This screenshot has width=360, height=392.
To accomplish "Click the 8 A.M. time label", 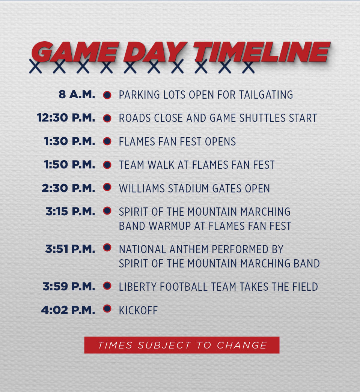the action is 77,95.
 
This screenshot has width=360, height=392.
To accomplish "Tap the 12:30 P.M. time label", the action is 66,118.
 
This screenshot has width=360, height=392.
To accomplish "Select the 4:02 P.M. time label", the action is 68,310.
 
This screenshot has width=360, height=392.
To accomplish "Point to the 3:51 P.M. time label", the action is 70,249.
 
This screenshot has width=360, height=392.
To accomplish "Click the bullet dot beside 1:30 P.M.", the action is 107,141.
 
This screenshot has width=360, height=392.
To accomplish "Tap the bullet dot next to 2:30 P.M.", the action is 107,187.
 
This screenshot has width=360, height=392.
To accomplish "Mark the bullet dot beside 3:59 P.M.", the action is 107,285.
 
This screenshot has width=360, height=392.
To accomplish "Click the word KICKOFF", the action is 139,311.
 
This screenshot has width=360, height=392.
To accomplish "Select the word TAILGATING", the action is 266,95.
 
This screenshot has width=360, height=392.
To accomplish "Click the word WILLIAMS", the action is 142,189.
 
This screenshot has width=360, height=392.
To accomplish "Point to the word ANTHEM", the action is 189,249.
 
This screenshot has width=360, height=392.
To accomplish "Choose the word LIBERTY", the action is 138,287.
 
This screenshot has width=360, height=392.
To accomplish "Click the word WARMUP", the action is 170,226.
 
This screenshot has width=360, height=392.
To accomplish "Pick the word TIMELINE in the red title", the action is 262,52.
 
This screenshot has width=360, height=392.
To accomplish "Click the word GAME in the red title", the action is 75,52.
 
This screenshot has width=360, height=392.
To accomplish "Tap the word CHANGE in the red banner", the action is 242,345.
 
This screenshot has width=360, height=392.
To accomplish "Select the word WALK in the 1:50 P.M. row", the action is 161,165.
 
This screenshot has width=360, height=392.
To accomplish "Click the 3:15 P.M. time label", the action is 70,211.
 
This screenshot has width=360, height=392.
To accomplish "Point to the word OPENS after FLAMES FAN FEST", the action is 220,141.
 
